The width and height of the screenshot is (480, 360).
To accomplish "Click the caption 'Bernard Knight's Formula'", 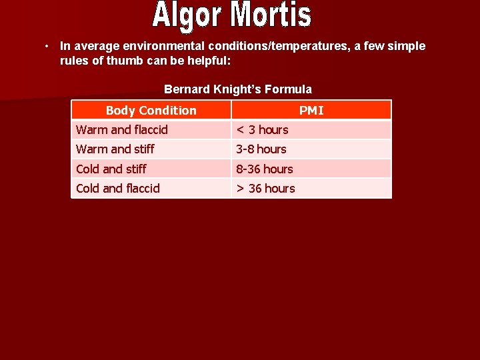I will [x=238, y=89].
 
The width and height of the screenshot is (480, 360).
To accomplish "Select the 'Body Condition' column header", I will [x=151, y=110].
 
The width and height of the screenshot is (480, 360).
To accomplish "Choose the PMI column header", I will [x=311, y=110].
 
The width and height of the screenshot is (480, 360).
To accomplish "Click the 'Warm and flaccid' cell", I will [x=122, y=129].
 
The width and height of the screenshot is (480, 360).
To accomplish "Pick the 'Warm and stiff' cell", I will [x=115, y=149].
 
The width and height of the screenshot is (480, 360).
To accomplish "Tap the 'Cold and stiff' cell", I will [x=111, y=169].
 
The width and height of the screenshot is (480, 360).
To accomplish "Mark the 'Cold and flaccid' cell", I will [x=118, y=188].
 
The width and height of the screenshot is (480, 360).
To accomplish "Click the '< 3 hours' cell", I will [x=263, y=129].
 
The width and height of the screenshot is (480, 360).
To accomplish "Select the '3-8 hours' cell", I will [x=261, y=149].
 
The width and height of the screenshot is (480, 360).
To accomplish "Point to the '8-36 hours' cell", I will [x=265, y=169].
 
